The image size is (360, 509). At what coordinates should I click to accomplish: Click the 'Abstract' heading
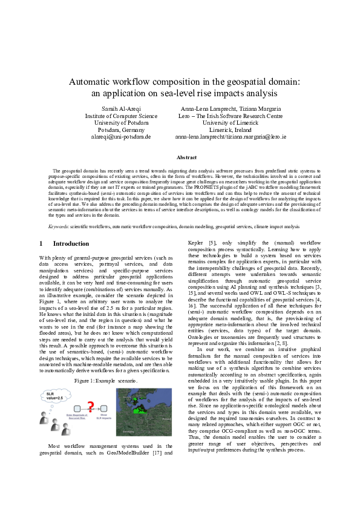180,157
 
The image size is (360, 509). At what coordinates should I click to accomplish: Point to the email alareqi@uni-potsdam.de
120,137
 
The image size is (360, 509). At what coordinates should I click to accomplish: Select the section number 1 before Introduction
41,243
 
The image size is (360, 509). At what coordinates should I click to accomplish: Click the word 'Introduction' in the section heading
71,243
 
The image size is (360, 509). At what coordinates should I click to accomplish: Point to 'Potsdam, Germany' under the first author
120,130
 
